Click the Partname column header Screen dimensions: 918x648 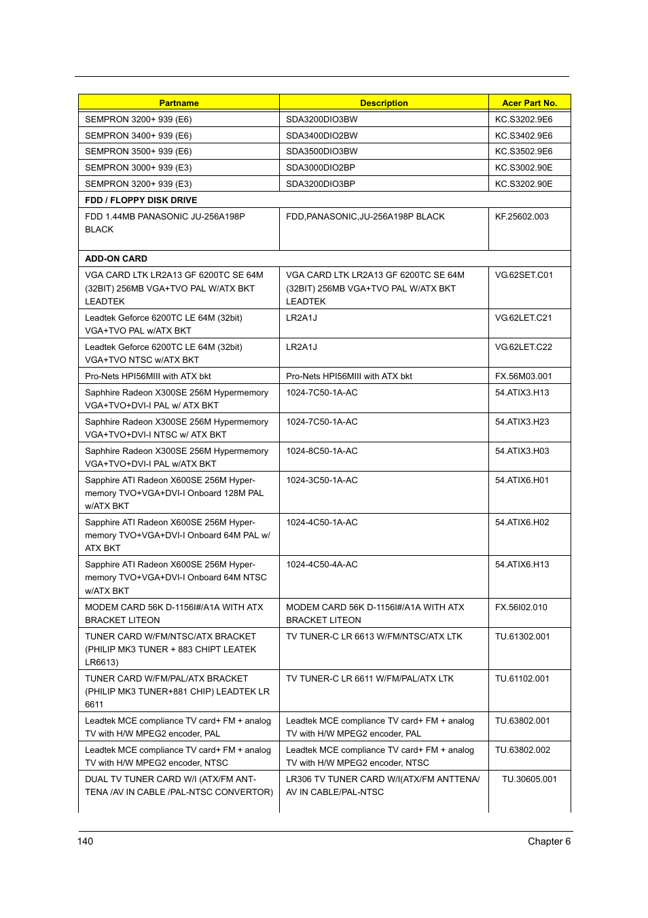179,103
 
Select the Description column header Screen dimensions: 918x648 384,103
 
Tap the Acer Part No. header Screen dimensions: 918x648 529,103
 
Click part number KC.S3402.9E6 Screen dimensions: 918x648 523,136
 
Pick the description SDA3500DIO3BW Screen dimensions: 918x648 321,152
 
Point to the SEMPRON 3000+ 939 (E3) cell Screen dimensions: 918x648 139,168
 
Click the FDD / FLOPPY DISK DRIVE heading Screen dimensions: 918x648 141,200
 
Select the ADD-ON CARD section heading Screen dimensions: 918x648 116,259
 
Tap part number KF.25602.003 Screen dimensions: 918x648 522,217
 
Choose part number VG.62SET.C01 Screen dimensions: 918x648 524,275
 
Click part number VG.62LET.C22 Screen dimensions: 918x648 523,347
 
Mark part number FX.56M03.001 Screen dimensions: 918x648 523,376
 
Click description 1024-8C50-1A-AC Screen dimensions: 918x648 321,451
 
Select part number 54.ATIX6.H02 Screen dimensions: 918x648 522,523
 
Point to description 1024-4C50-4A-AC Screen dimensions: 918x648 321,565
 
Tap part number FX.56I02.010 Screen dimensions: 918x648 521,607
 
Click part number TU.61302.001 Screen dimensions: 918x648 522,637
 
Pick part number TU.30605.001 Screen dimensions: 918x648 529,779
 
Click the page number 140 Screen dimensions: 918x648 86,841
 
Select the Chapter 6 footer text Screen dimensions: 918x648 549,841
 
